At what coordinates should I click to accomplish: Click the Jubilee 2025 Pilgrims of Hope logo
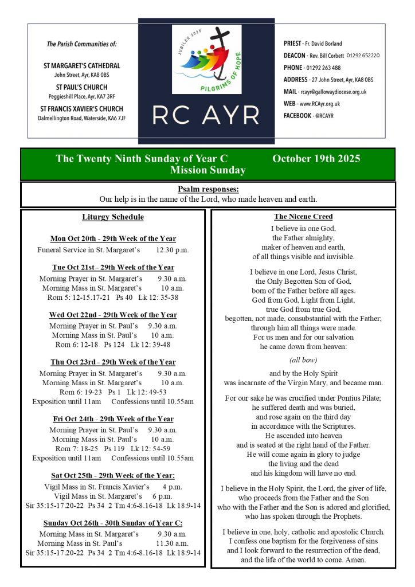click(x=206, y=60)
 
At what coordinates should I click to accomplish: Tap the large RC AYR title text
click(x=206, y=115)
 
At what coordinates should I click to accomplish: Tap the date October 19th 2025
click(x=316, y=159)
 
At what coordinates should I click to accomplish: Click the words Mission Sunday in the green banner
click(x=208, y=170)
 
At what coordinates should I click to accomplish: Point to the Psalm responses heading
click(x=208, y=189)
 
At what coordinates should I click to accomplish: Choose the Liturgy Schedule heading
click(x=113, y=217)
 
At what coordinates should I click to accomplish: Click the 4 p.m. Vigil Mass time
click(x=171, y=487)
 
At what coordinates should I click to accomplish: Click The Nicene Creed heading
click(x=303, y=217)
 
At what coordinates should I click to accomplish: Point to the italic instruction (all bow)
click(x=303, y=359)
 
